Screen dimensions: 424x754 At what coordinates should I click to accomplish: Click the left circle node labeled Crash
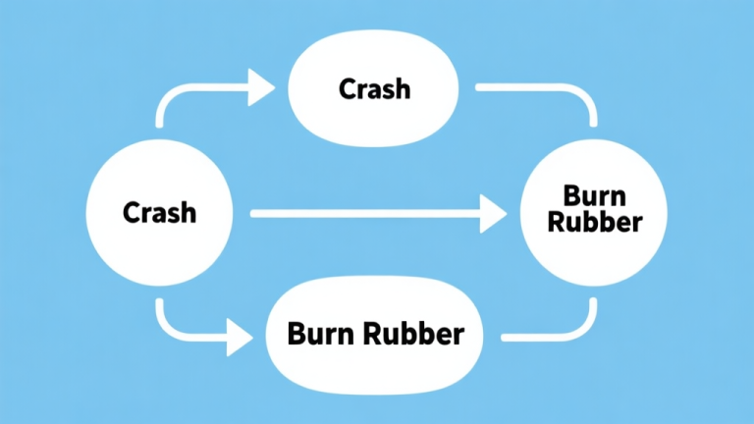(x=159, y=212)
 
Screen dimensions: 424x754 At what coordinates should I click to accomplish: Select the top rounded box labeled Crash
(x=374, y=89)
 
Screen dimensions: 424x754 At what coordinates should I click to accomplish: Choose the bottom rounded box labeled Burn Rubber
(x=375, y=334)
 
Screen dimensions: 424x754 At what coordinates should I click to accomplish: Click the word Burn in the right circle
(x=594, y=194)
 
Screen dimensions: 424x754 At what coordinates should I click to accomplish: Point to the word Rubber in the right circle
(x=594, y=222)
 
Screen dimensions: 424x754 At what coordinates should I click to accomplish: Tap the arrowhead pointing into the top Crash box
(x=261, y=88)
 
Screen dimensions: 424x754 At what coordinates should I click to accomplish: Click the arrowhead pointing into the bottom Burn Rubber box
(x=240, y=340)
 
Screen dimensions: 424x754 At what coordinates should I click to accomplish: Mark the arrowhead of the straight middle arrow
(x=493, y=212)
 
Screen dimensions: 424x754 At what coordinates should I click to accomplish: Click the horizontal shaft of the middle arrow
(x=363, y=212)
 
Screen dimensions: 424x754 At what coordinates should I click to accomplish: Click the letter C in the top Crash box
(x=347, y=89)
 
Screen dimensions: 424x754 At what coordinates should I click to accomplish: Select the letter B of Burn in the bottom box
(x=296, y=334)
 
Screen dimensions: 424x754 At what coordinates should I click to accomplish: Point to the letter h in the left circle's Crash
(x=188, y=211)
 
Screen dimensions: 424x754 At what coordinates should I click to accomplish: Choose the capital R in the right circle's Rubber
(x=555, y=222)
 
